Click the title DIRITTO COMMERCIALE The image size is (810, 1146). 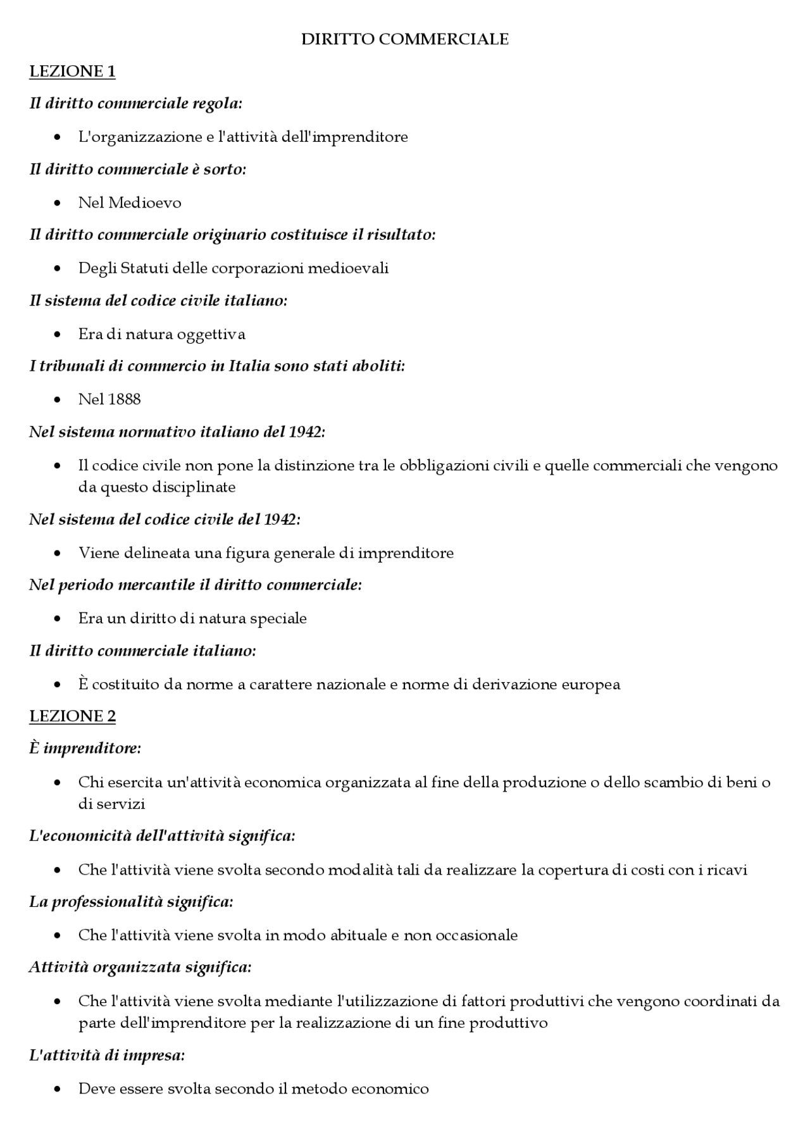click(x=404, y=39)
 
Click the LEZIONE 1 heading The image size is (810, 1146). click(x=72, y=72)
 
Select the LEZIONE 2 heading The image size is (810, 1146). click(x=72, y=716)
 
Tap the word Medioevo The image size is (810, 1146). click(x=145, y=202)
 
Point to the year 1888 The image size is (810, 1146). click(x=125, y=399)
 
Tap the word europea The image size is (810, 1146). click(x=590, y=684)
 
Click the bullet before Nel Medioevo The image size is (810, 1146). click(x=58, y=203)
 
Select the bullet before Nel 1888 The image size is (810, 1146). click(x=58, y=400)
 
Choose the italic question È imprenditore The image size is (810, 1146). click(x=85, y=749)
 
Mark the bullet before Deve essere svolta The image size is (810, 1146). click(x=58, y=1090)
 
